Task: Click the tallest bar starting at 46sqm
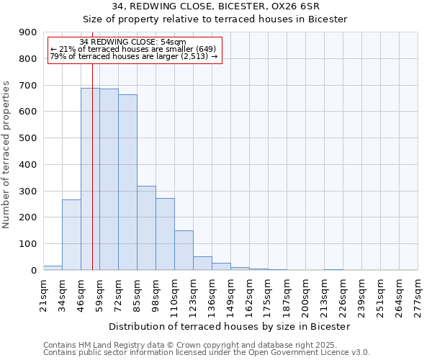pyautogui.click(x=90, y=179)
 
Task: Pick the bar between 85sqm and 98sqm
pyautogui.click(x=146, y=228)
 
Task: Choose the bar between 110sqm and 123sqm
pyautogui.click(x=184, y=251)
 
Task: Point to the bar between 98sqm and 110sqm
pyautogui.click(x=165, y=234)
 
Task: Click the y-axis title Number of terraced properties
pyautogui.click(x=7, y=154)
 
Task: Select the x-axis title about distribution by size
pyautogui.click(x=230, y=326)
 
